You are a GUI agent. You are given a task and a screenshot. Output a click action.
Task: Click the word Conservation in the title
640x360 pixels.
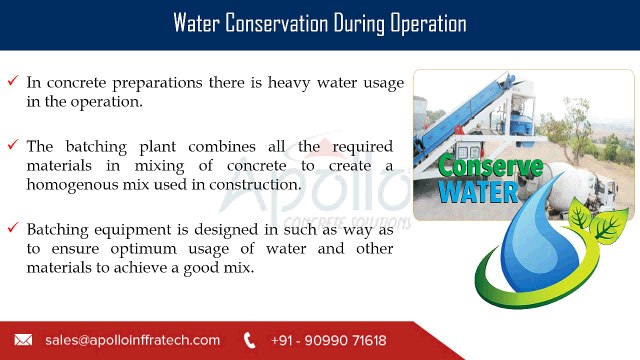tap(276, 23)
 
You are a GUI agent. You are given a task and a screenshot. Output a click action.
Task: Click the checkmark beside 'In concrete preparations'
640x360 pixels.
tap(13, 80)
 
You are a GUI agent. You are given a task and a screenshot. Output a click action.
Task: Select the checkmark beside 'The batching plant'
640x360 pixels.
tap(13, 144)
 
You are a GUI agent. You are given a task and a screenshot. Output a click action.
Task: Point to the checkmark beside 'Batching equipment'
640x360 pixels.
tap(13, 227)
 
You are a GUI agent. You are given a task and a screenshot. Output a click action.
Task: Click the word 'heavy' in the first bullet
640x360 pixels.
tap(289, 83)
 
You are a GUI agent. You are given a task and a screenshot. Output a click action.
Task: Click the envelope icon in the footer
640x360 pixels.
tap(23, 340)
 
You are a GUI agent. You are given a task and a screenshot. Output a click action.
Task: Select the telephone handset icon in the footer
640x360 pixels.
tap(249, 340)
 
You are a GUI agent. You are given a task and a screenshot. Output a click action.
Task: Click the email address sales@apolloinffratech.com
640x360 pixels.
tap(133, 340)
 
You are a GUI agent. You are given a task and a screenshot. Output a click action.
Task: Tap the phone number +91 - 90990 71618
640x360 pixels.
tap(329, 340)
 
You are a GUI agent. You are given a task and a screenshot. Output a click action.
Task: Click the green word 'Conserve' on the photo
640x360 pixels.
tap(490, 166)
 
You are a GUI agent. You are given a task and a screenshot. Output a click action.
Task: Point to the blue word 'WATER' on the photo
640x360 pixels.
tap(478, 192)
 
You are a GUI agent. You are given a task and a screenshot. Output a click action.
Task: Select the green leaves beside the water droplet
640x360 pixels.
tap(598, 221)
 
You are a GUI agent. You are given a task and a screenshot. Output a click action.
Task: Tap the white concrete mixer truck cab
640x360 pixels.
tap(604, 192)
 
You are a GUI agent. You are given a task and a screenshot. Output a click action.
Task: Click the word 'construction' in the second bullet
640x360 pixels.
tap(255, 185)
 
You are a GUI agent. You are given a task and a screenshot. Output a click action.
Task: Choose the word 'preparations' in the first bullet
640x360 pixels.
tap(157, 83)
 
